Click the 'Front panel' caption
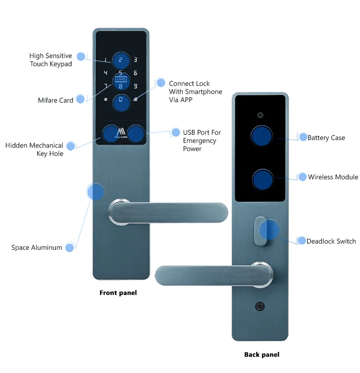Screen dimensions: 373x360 118,292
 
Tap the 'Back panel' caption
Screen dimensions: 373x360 262,354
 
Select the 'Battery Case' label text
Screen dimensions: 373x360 326,138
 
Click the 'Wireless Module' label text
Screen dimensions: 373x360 333,177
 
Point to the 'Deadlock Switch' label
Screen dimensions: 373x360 331,241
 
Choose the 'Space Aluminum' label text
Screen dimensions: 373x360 37,247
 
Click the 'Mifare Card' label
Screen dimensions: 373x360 56,100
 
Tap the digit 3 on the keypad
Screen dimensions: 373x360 135,60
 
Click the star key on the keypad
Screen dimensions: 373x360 106,100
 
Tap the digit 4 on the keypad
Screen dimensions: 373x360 106,73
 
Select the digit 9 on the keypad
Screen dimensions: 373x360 135,86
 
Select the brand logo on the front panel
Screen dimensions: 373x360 120,134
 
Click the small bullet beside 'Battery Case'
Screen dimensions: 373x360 303,137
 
